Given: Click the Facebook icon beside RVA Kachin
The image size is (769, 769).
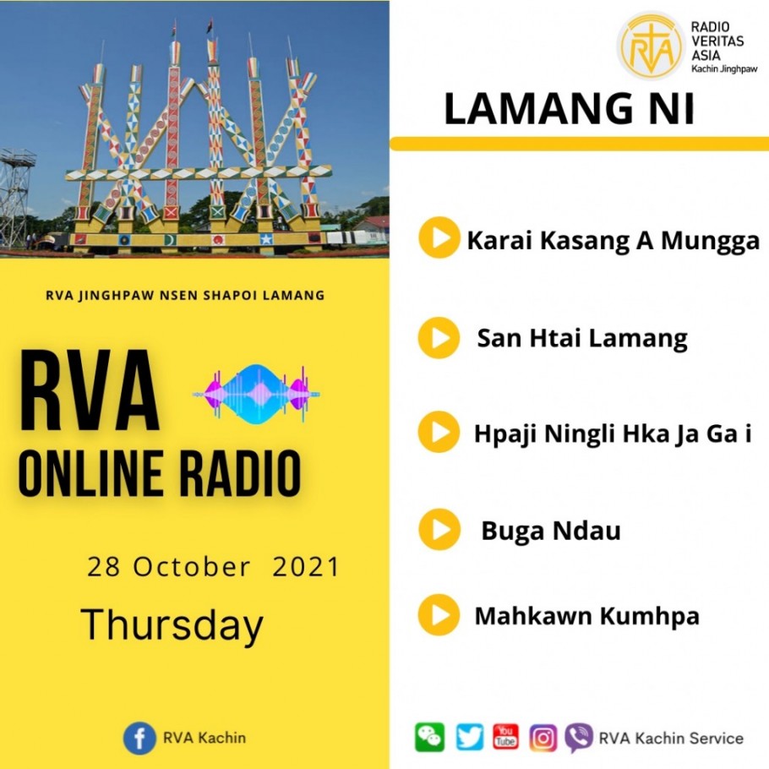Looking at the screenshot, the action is [x=139, y=738].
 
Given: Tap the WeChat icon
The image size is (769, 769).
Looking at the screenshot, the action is [x=429, y=737].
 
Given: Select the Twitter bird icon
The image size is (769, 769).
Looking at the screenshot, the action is [x=469, y=737].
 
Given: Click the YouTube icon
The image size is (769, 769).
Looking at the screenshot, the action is [x=505, y=737].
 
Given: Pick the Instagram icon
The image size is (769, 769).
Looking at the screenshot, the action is [x=543, y=738].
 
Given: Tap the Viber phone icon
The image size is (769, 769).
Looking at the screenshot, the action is [x=579, y=738].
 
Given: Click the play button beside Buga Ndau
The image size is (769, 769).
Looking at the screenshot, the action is [x=439, y=530].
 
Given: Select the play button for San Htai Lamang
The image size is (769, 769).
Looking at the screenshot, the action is [x=439, y=337].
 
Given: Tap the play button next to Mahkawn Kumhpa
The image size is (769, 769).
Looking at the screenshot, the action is [x=439, y=615].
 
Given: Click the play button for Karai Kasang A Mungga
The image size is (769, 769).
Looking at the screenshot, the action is [x=439, y=237].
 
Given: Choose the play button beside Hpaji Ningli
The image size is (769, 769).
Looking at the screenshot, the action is [x=439, y=432].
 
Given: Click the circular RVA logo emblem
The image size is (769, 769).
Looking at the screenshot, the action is [x=651, y=46].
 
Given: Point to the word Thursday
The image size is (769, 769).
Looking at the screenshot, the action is [x=172, y=624].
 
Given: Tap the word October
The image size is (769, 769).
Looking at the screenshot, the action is [x=192, y=567].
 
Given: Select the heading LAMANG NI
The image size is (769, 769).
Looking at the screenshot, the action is [x=569, y=109].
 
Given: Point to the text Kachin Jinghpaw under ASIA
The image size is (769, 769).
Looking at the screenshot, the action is [x=724, y=69].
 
